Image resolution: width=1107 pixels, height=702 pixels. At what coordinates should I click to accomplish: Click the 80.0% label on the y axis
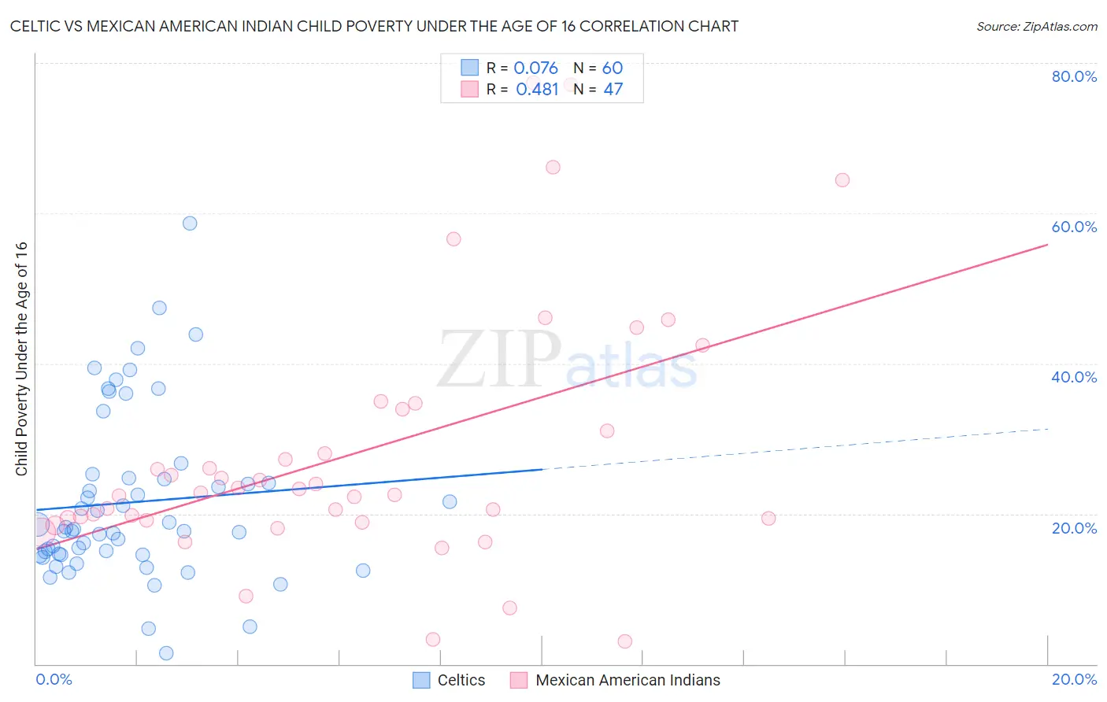pyautogui.click(x=1074, y=76)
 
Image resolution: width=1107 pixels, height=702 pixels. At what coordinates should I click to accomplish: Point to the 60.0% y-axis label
pyautogui.click(x=1074, y=227)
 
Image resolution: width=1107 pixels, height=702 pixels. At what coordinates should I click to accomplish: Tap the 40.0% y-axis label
pyautogui.click(x=1074, y=377)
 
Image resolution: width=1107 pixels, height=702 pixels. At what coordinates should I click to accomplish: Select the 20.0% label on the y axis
pyautogui.click(x=1074, y=528)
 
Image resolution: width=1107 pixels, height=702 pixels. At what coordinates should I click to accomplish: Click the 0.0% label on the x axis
pyautogui.click(x=54, y=679)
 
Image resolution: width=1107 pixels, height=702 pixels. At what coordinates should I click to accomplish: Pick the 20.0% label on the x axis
pyautogui.click(x=1074, y=679)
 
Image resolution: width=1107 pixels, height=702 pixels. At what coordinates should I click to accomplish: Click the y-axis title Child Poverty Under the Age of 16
pyautogui.click(x=21, y=358)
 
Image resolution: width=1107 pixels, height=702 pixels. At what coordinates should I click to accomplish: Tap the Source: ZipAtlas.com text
pyautogui.click(x=1036, y=26)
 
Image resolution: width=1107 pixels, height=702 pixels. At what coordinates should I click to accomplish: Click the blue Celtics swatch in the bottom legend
pyautogui.click(x=421, y=680)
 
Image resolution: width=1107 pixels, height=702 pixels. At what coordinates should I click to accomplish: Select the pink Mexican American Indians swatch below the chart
pyautogui.click(x=518, y=680)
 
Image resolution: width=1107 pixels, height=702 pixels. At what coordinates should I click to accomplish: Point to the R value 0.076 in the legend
pyautogui.click(x=535, y=68)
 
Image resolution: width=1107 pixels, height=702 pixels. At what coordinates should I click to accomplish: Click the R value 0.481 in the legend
pyautogui.click(x=537, y=90)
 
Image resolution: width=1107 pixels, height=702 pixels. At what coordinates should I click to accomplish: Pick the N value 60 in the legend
pyautogui.click(x=613, y=68)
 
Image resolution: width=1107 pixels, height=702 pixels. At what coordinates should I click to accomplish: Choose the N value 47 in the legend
pyautogui.click(x=613, y=90)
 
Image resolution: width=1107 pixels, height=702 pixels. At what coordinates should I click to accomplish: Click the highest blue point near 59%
pyautogui.click(x=190, y=224)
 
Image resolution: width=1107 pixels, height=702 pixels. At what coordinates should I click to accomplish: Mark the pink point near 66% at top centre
pyautogui.click(x=553, y=168)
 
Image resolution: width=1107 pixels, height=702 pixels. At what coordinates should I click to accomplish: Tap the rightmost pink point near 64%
pyautogui.click(x=842, y=180)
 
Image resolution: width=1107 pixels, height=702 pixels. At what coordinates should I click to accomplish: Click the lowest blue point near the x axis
pyautogui.click(x=166, y=653)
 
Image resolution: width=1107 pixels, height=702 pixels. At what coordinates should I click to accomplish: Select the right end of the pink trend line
pyautogui.click(x=1047, y=245)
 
